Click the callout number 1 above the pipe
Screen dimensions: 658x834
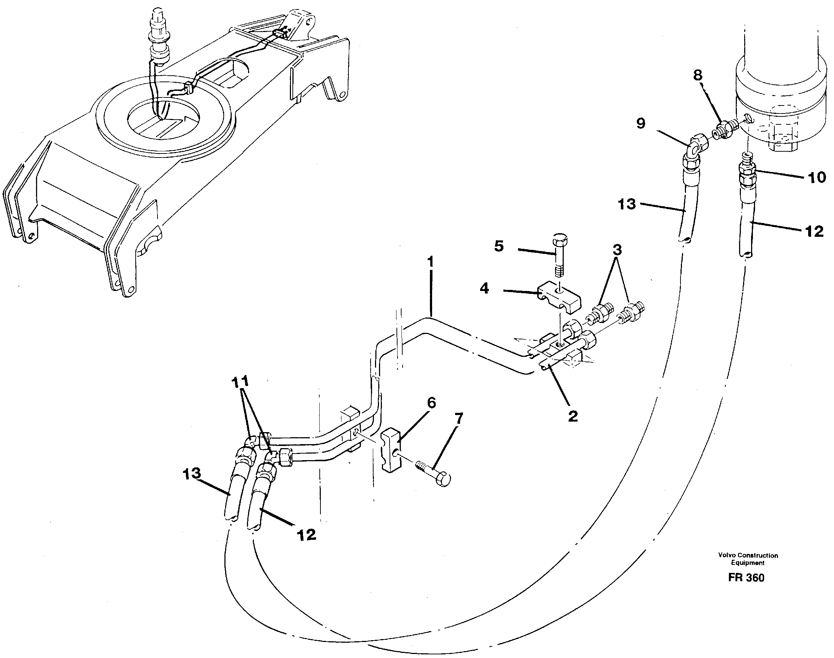tap(430, 262)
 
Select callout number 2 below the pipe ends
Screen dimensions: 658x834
tap(573, 416)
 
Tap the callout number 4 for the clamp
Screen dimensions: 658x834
tap(484, 288)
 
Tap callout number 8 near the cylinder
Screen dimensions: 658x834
tap(698, 76)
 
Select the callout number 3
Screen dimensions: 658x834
tap(617, 250)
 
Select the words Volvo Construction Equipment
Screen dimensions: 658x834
tap(748, 559)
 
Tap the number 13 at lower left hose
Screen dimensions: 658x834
tap(191, 474)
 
